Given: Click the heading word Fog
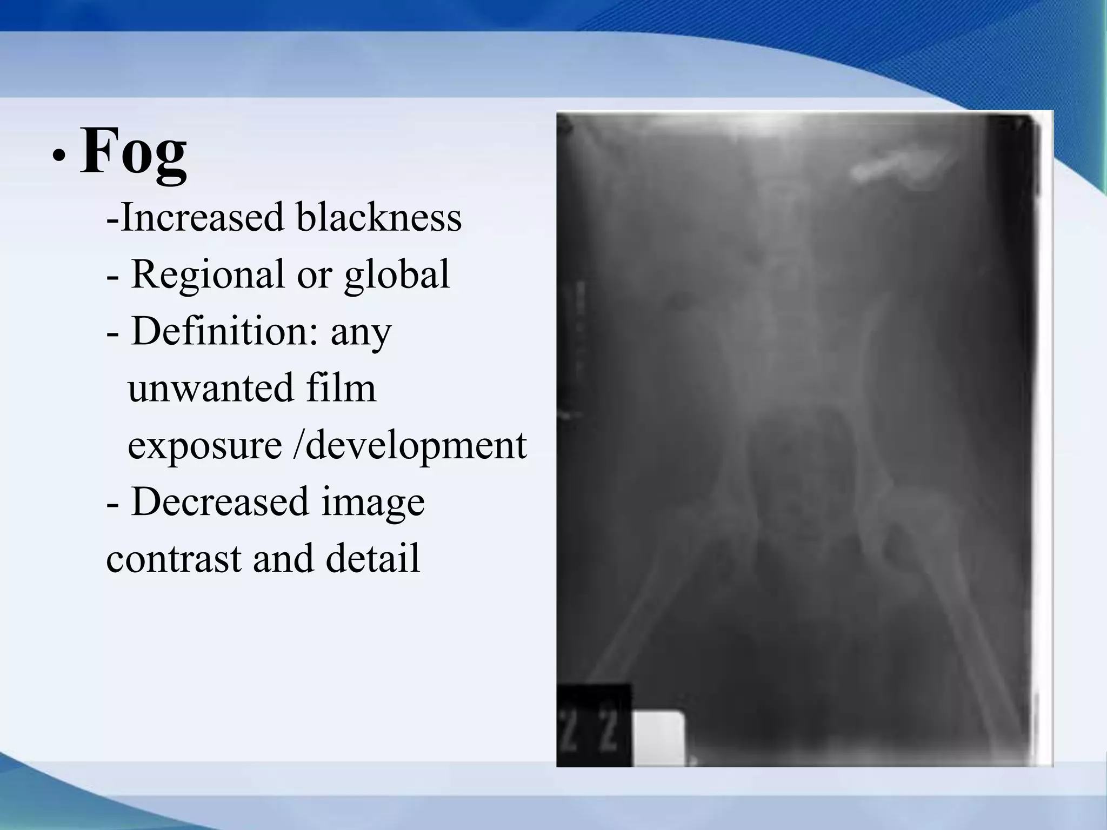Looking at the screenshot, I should [x=134, y=151].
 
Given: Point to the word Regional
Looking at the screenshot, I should [x=208, y=275].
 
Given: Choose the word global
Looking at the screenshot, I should [x=397, y=275].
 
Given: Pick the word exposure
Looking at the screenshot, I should [x=205, y=445].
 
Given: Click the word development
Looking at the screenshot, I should [x=416, y=445].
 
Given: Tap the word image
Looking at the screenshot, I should [x=373, y=503].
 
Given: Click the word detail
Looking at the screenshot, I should [x=372, y=559].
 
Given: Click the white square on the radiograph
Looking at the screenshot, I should [x=659, y=738].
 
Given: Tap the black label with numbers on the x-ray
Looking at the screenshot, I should [x=593, y=724].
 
